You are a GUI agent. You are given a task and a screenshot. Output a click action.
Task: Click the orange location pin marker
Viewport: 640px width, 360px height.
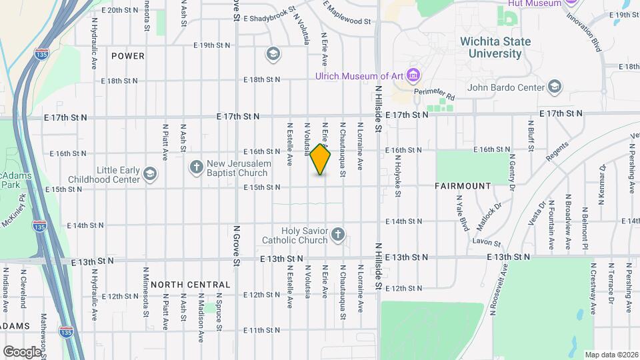(321, 159)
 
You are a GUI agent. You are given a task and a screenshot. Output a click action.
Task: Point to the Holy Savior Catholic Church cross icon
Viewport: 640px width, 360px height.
(338, 234)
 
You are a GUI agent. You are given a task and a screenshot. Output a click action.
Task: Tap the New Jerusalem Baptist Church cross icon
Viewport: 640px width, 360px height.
(196, 166)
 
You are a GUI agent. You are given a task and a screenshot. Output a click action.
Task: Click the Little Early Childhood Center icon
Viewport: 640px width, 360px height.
(151, 175)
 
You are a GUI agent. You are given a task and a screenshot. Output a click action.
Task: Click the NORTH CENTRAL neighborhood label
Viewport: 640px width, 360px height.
(190, 285)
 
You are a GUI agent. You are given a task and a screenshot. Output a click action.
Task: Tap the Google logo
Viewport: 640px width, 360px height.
(22, 351)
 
